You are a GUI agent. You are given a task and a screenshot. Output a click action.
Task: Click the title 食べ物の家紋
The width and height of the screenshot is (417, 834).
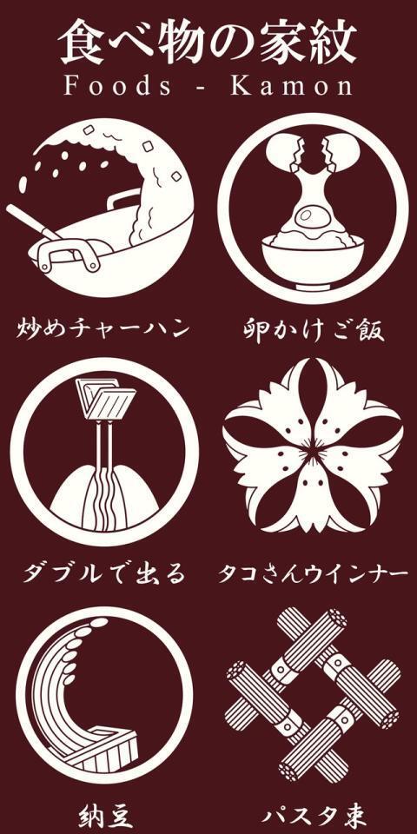[x=208, y=42]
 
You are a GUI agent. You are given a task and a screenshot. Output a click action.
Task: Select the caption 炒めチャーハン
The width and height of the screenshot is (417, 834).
[x=103, y=329]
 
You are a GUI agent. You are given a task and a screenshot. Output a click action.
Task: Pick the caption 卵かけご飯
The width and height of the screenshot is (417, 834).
[x=313, y=329]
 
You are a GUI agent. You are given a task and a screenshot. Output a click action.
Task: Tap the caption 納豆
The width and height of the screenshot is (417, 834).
[x=103, y=815]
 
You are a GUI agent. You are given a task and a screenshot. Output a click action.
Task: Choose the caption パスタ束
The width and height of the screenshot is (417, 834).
[x=313, y=815]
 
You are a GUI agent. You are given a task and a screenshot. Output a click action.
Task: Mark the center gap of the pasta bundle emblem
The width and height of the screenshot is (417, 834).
[x=312, y=695]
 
